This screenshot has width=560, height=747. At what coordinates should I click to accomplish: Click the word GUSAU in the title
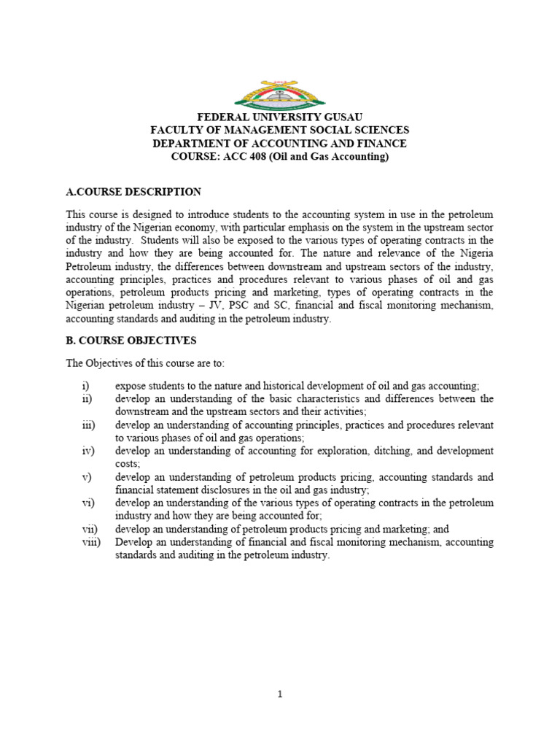[x=339, y=117]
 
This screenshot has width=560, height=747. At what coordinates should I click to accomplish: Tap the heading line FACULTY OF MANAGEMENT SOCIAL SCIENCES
[x=280, y=131]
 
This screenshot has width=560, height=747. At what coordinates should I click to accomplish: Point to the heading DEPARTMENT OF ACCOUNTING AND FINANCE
[x=280, y=144]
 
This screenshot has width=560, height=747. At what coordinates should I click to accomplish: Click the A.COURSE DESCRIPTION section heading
[x=133, y=192]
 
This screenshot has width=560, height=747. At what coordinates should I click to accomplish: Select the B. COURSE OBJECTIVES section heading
[x=131, y=341]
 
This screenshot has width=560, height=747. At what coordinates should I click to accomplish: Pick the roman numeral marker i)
[x=85, y=386]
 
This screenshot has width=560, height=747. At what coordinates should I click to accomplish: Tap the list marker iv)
[x=87, y=451]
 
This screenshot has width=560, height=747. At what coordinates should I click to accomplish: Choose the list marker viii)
[x=90, y=542]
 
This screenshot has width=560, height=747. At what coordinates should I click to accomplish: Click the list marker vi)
[x=87, y=503]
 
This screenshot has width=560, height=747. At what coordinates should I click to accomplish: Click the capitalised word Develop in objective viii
[x=133, y=542]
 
